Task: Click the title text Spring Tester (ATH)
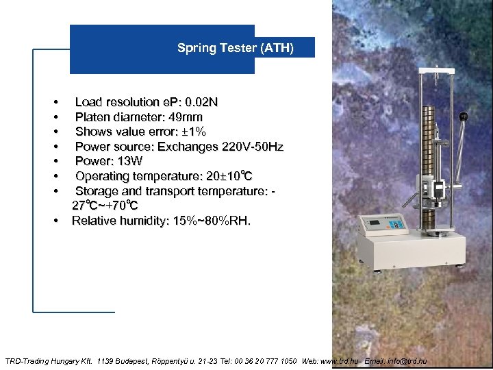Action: click(x=235, y=48)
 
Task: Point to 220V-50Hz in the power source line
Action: click(x=249, y=147)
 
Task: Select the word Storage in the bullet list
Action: click(x=97, y=190)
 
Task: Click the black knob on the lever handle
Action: click(x=464, y=116)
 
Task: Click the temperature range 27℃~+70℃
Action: click(x=105, y=206)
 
